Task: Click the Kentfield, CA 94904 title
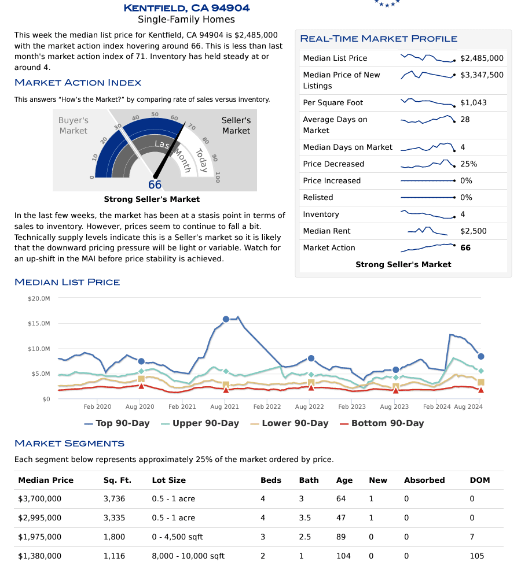pos(186,8)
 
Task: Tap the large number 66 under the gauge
pos(155,185)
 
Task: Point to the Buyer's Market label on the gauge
pos(74,125)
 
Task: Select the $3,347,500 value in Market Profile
pos(482,75)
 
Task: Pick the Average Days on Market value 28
pos(465,119)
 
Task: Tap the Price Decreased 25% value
pos(468,164)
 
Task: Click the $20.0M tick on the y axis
pos(39,298)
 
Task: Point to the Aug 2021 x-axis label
pos(224,407)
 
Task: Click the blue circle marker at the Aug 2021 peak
pos(226,319)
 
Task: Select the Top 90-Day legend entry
pos(116,423)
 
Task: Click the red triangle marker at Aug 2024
pos(481,390)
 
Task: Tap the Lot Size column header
pos(169,480)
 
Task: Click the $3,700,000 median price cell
pos(39,498)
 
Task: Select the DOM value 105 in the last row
pos(477,556)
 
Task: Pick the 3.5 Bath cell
pos(305,517)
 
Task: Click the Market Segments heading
pos(69,443)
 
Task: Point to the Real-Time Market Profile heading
pos(379,39)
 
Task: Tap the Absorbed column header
pos(424,480)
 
